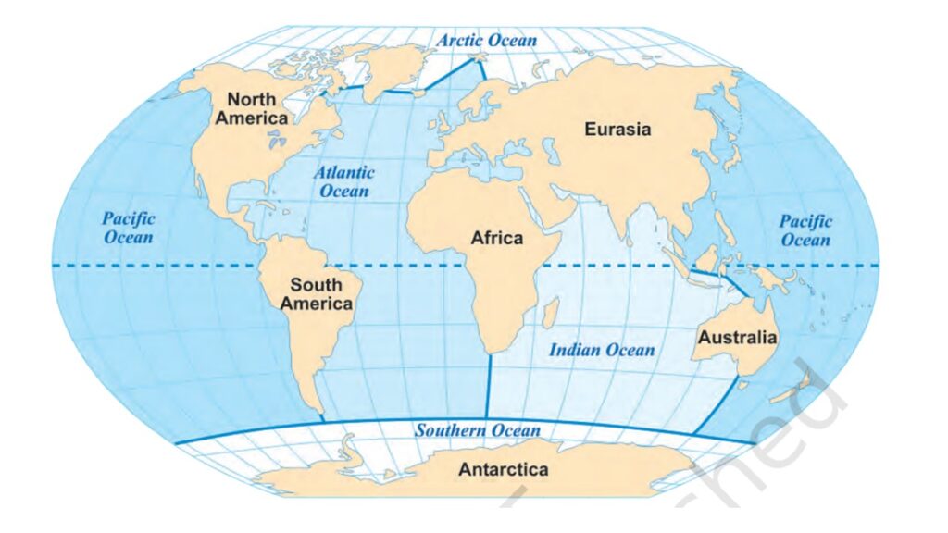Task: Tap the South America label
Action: click(316, 293)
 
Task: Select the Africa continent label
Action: click(497, 238)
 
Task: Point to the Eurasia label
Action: click(617, 129)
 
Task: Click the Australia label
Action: click(737, 338)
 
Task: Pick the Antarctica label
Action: click(503, 469)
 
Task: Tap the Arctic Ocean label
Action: click(487, 41)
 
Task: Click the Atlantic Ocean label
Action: click(343, 182)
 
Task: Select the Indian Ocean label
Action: click(602, 350)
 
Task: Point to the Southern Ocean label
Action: click(477, 430)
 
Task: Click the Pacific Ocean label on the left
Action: click(129, 229)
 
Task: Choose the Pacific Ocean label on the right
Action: click(805, 230)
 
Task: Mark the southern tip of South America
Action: click(319, 411)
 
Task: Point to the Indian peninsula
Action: click(632, 218)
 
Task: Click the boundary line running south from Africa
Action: click(488, 389)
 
